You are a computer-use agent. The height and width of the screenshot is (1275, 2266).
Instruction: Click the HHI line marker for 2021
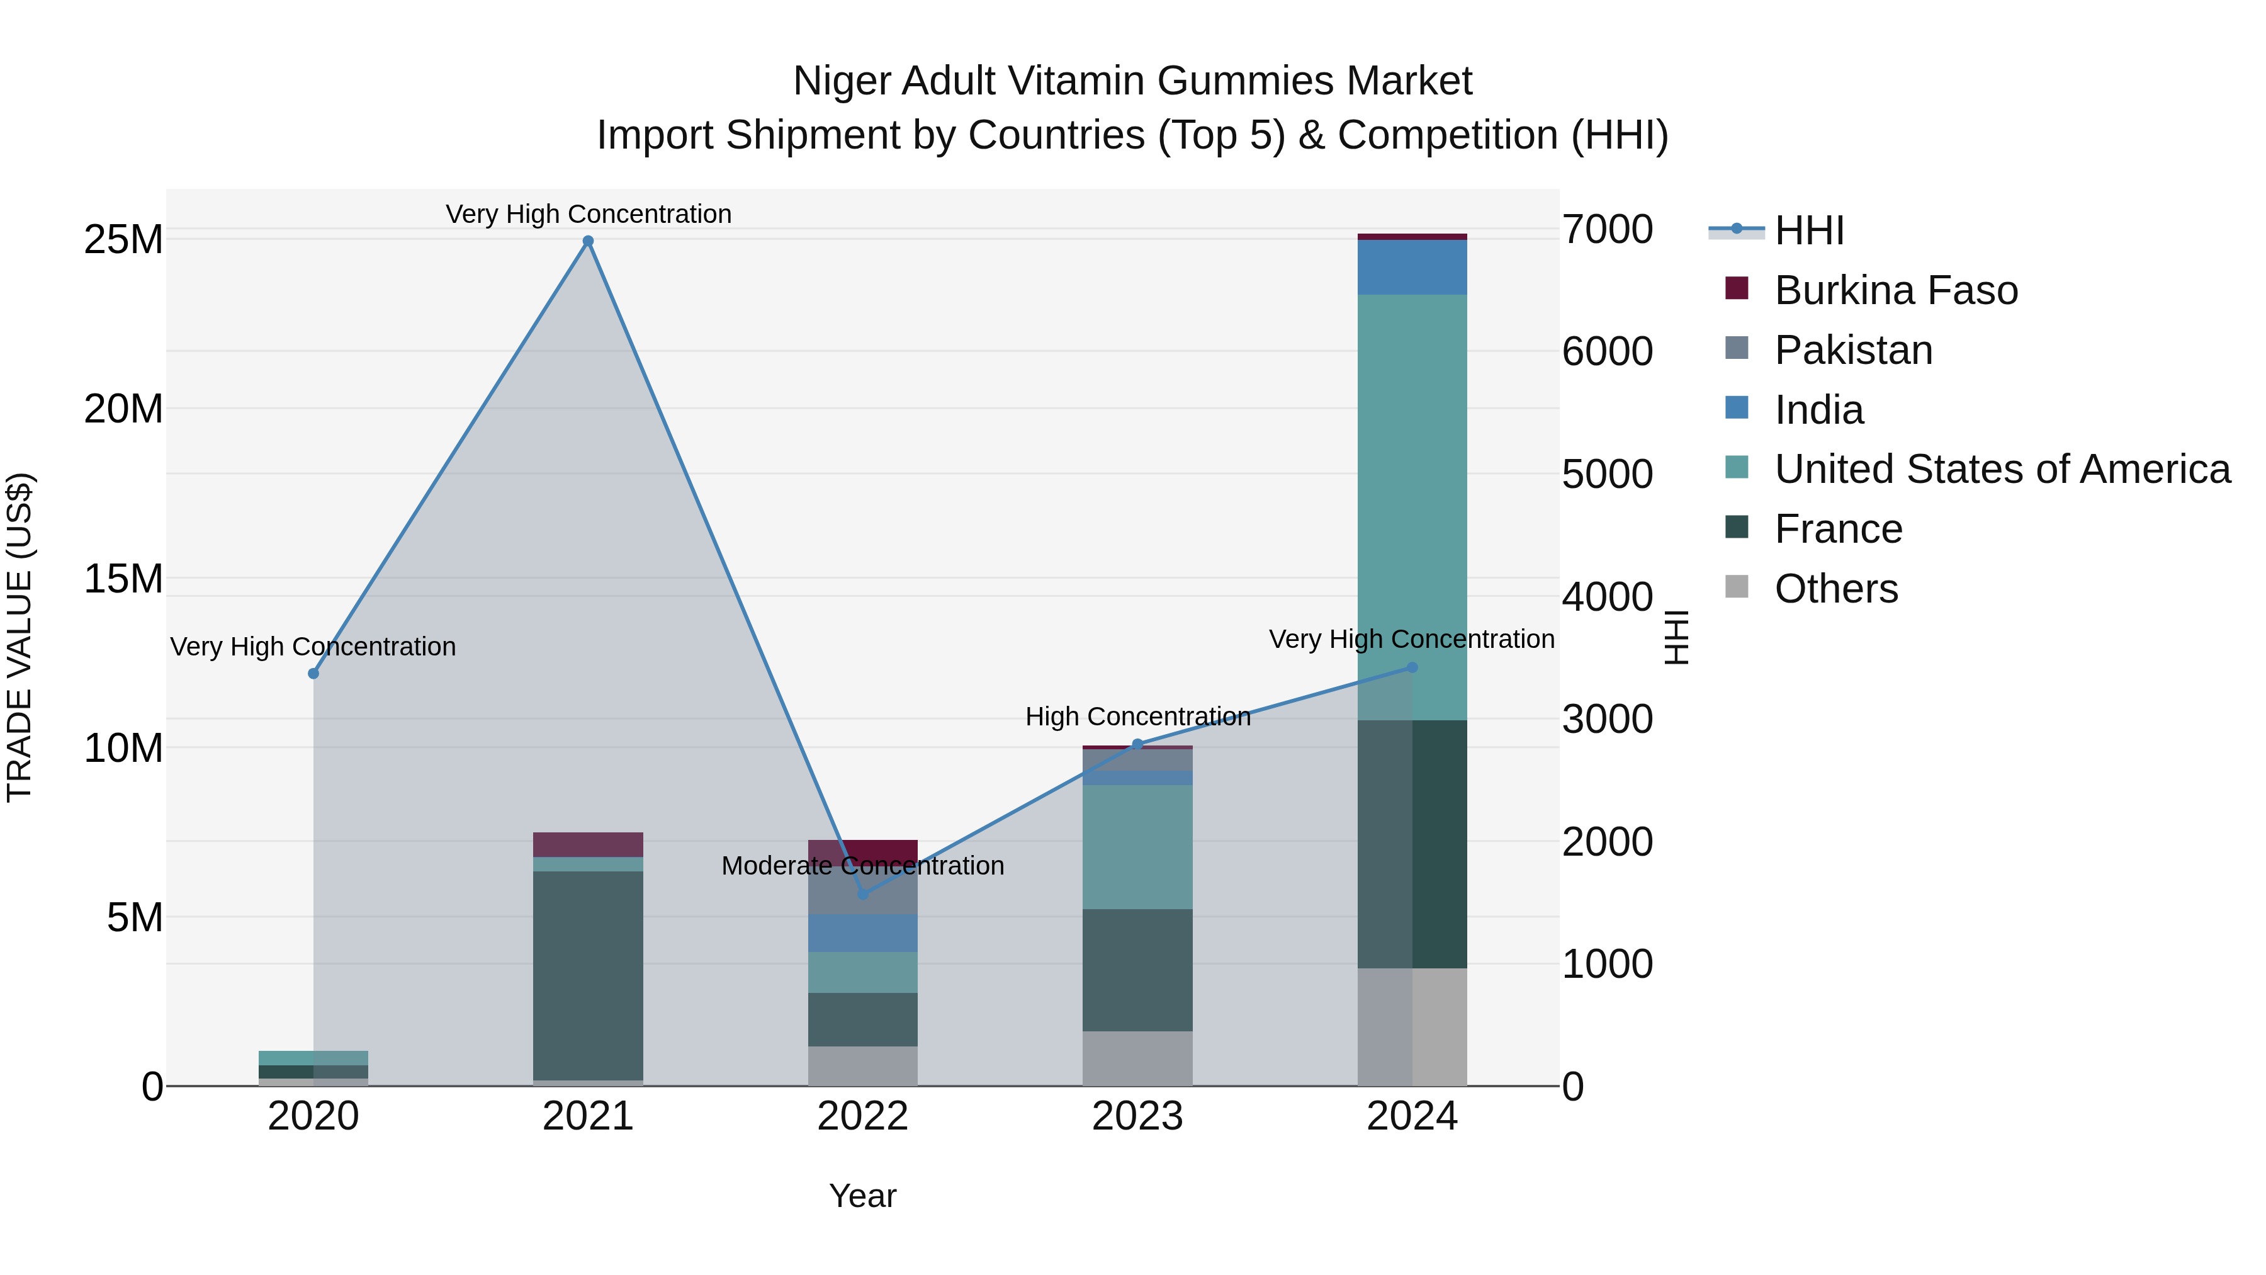(589, 241)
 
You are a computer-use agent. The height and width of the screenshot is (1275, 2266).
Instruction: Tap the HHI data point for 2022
(863, 894)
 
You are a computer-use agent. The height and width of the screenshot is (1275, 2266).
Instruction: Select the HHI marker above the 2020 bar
(313, 673)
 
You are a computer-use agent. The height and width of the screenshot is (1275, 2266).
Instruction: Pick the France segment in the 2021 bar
(589, 975)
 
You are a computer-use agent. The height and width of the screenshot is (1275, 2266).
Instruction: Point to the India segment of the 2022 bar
(863, 932)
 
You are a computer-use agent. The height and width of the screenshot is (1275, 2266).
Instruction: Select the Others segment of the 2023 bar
(1137, 1058)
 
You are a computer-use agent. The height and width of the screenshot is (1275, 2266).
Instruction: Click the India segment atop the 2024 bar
(1412, 266)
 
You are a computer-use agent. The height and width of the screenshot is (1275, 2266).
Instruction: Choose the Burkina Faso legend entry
(1896, 290)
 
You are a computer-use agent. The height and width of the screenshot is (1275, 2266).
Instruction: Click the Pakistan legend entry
(1854, 350)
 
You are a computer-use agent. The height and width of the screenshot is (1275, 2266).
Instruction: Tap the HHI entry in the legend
(1808, 230)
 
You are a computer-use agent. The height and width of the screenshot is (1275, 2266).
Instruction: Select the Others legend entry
(1836, 589)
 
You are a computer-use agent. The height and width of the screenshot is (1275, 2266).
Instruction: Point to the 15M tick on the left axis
(123, 579)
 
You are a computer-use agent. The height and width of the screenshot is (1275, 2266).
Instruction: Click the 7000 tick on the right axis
(1607, 230)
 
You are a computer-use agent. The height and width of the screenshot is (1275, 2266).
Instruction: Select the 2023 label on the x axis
(1137, 1116)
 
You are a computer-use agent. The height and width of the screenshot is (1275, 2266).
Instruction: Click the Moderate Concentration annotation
(862, 866)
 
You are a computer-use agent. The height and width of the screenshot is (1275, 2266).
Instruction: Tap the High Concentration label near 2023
(1137, 717)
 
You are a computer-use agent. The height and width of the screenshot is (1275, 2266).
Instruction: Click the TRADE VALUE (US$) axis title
(20, 637)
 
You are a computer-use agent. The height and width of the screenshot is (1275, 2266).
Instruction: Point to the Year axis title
(862, 1196)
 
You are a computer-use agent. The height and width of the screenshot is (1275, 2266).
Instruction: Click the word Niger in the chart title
(843, 81)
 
